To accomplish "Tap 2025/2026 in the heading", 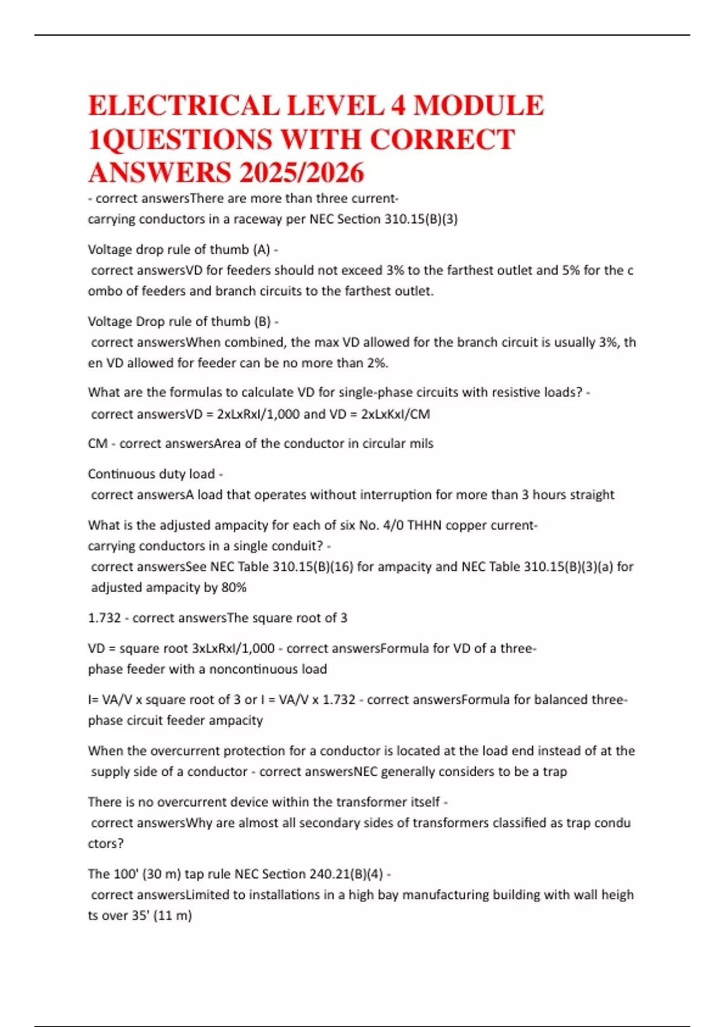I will click(x=301, y=173).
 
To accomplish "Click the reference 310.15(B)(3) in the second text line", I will click(x=420, y=219).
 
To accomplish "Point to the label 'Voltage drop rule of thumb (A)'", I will click(x=179, y=250).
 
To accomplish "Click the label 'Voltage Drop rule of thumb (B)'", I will click(x=179, y=321).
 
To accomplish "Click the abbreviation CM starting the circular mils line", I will click(x=97, y=444).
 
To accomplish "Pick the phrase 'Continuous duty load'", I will click(x=151, y=474).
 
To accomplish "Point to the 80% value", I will click(x=233, y=588).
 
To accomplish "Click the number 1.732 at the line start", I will click(x=104, y=618).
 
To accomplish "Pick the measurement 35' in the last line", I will click(x=140, y=916).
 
